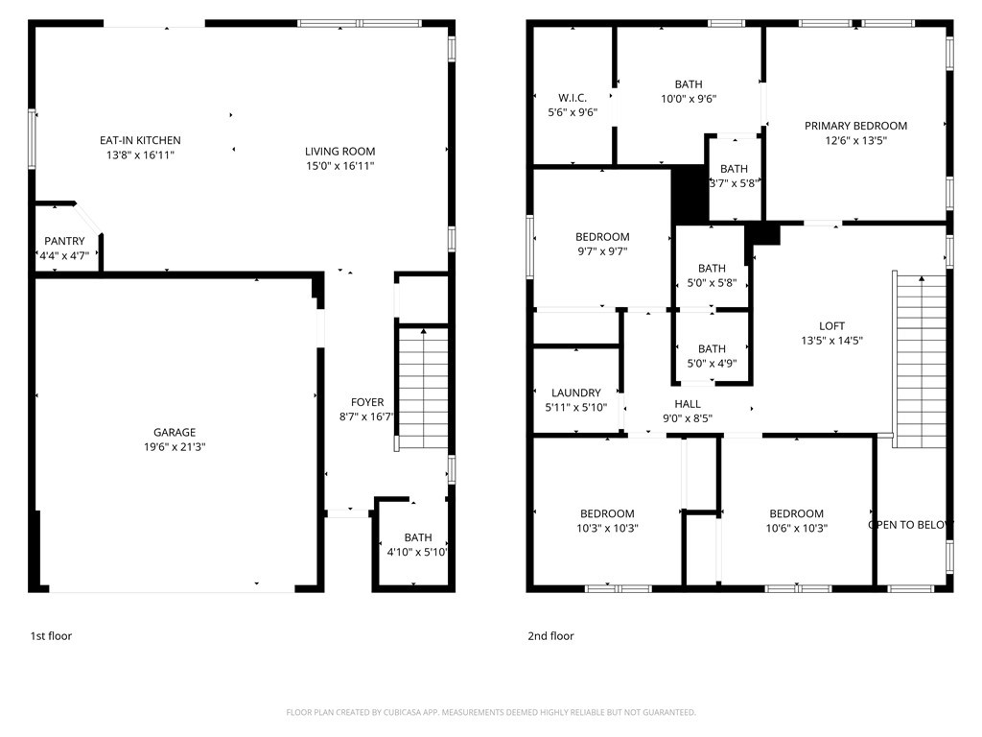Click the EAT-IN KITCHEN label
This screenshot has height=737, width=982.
click(x=140, y=140)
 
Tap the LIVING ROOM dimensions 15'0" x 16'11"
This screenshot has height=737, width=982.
click(x=340, y=166)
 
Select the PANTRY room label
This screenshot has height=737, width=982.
click(x=64, y=241)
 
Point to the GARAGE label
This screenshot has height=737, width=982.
click(x=175, y=433)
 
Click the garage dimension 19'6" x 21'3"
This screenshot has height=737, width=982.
click(x=175, y=447)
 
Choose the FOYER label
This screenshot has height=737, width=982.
click(x=367, y=402)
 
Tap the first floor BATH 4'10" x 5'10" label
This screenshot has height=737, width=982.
click(x=418, y=545)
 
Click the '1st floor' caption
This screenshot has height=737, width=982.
click(x=52, y=636)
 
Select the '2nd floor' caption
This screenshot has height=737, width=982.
click(x=550, y=636)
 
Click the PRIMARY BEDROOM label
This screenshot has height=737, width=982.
click(x=855, y=126)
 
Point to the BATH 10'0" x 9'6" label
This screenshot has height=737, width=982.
click(x=689, y=91)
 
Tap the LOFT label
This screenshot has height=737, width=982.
click(x=831, y=326)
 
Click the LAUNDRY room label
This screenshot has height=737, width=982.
click(x=576, y=392)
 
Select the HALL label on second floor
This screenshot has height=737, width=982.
click(x=688, y=404)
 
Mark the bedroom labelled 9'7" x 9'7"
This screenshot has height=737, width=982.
click(x=602, y=245)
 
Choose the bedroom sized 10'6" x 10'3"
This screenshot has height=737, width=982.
click(x=797, y=521)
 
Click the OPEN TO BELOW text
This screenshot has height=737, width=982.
click(x=911, y=525)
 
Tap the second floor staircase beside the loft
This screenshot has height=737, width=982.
click(x=920, y=361)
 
